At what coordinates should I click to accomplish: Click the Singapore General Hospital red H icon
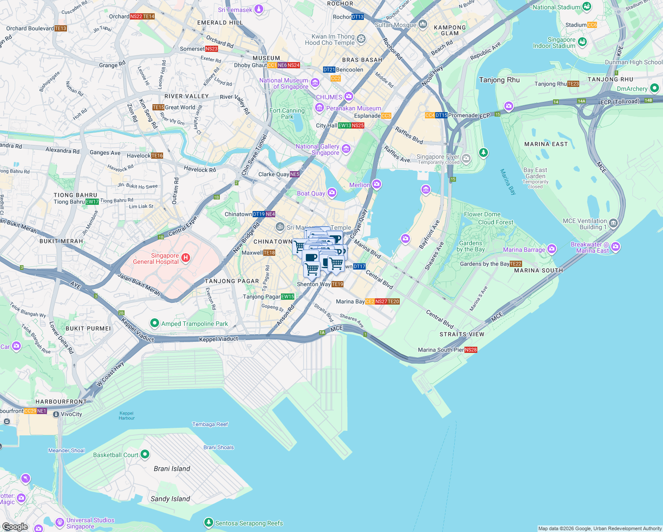[186, 258]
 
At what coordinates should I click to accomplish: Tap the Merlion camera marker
[376, 184]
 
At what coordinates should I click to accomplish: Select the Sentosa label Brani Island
[172, 469]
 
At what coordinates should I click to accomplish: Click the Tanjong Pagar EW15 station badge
[288, 297]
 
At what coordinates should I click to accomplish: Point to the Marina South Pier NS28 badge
[471, 350]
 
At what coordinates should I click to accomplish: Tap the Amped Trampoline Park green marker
[154, 323]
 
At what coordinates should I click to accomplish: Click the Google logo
[15, 526]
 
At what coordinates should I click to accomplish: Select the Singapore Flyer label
[438, 157]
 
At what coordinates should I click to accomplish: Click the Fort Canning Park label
[287, 113]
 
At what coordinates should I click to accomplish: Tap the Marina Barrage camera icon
[551, 249]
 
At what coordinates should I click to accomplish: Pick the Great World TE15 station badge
[158, 107]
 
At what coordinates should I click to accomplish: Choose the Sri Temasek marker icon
[259, 9]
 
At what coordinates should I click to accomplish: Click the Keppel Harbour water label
[126, 415]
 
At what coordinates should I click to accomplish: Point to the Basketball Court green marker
[144, 454]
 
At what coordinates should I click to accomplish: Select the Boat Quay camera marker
[331, 192]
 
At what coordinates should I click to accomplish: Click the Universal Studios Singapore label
[90, 523]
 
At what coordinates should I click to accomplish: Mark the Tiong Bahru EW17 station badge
[92, 202]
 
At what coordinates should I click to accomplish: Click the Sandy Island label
[170, 499]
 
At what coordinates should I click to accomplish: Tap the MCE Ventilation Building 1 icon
[613, 223]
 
